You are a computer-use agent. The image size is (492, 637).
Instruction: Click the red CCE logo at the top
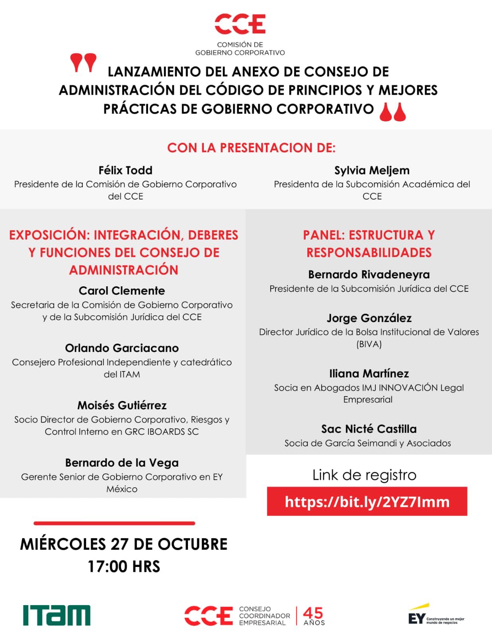pos(240,24)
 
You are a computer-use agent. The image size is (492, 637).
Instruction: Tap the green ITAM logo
pos(57,615)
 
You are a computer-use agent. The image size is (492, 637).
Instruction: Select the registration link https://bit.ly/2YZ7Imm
pos(367,502)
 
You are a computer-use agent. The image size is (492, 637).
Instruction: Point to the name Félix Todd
pos(125,170)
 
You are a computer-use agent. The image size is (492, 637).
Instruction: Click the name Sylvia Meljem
pos(372,170)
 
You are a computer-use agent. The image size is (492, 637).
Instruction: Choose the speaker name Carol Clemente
pos(122,291)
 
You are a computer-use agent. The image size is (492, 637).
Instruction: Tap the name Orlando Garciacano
pos(122,348)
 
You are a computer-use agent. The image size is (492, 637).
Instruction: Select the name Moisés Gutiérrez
pos(122,405)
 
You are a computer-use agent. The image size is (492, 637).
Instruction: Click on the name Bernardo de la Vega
pos(122,463)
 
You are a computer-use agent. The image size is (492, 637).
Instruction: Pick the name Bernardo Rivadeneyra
pos(369,274)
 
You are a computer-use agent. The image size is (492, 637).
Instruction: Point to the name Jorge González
pos(369,318)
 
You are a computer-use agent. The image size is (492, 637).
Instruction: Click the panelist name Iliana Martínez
pos(369,373)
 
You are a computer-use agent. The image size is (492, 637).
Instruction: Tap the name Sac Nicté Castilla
pos(369,429)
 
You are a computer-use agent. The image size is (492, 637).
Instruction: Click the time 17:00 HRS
pos(124,567)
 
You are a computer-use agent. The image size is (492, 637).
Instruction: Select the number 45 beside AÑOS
pos(313,613)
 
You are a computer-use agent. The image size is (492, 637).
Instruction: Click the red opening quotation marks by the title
pos(83,63)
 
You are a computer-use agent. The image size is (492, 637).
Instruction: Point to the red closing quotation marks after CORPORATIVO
pos(392,111)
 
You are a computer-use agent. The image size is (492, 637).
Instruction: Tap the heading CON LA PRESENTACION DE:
pos(251,148)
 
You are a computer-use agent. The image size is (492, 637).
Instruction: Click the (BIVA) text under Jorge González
pos(369,344)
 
